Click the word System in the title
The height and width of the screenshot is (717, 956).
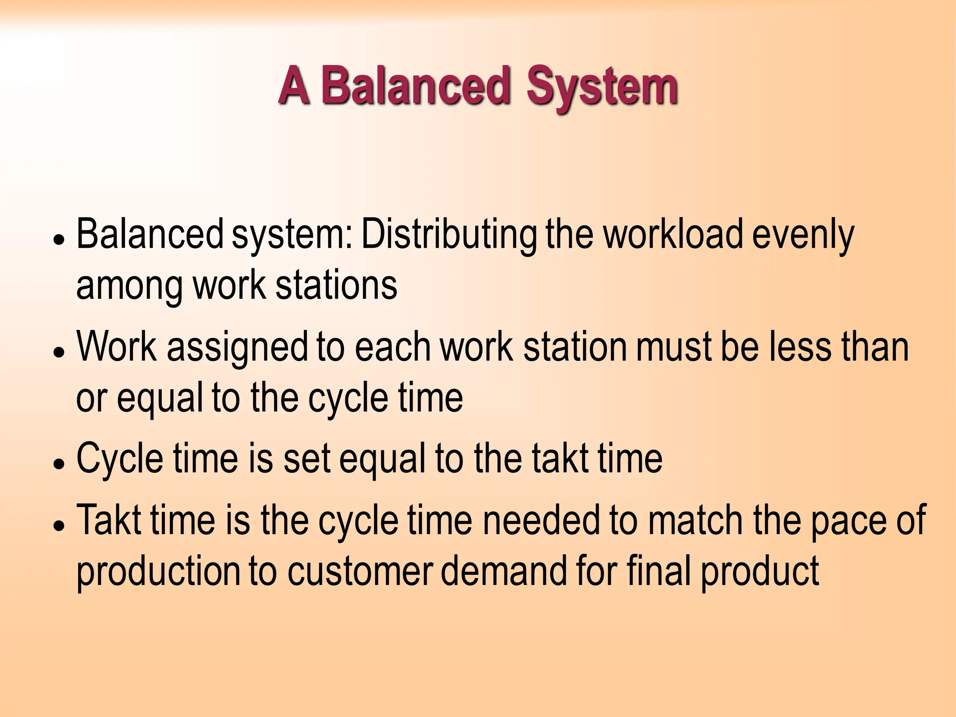(602, 87)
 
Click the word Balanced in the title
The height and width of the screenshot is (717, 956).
(415, 86)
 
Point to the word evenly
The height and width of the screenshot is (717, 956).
(803, 236)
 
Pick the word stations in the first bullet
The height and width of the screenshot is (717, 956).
(336, 285)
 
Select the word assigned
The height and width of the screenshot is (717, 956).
(238, 348)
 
